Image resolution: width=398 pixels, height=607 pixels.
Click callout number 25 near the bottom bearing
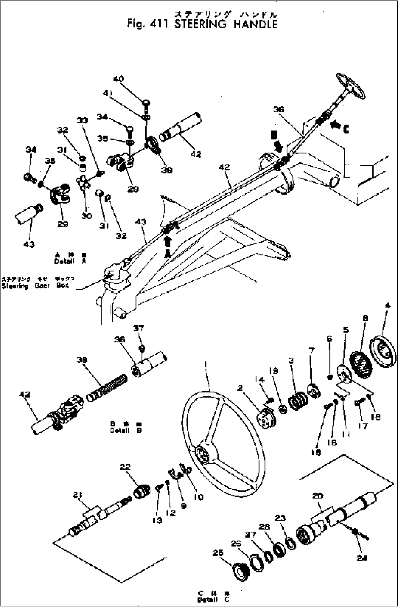click(x=218, y=553)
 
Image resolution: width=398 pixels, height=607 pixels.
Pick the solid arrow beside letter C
click(x=334, y=125)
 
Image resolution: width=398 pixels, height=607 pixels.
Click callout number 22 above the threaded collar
click(x=125, y=467)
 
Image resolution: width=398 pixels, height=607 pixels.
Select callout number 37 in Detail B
click(x=138, y=329)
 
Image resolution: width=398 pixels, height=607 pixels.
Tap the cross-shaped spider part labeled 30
click(x=84, y=182)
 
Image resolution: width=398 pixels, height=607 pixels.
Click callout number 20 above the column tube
click(x=318, y=496)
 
